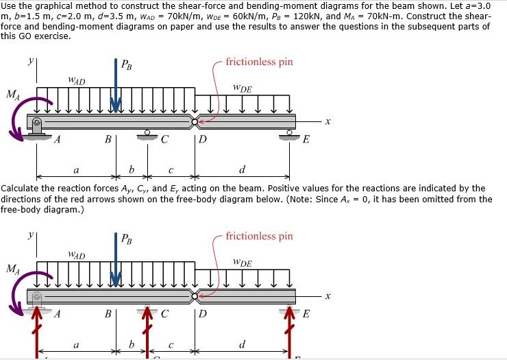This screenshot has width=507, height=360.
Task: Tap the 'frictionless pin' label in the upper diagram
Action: [x=258, y=62]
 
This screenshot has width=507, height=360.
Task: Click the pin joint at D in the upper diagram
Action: [x=195, y=123]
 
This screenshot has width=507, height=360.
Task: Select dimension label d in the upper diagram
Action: [x=242, y=169]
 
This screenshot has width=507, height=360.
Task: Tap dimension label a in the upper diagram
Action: [x=75, y=169]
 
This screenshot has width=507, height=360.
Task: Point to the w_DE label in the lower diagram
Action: [x=242, y=263]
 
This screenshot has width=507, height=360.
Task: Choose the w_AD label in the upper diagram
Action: [x=76, y=81]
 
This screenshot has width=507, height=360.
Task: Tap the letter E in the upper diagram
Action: [x=306, y=141]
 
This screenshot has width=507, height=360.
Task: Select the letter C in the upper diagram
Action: [x=164, y=141]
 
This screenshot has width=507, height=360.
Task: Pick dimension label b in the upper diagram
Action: [x=132, y=169]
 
